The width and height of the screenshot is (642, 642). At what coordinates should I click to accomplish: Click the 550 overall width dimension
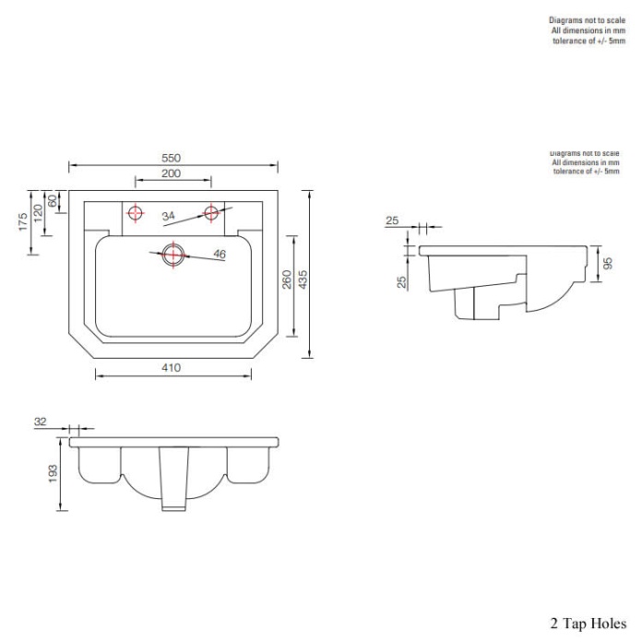172,158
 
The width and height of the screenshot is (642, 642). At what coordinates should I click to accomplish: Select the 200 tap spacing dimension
172,173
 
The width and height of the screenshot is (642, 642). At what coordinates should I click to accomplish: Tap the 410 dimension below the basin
172,367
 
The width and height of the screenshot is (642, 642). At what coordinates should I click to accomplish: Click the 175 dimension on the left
24,222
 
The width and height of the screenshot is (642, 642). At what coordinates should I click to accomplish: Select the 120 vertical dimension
39,211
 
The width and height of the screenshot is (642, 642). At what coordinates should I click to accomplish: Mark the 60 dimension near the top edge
53,200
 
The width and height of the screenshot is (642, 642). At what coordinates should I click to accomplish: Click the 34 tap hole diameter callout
168,216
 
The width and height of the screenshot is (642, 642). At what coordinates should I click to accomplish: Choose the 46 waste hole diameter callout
220,254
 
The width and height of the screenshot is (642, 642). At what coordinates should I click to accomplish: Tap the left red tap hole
137,213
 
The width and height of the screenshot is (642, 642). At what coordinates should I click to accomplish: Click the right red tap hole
210,213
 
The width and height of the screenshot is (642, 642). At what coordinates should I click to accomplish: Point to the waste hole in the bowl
172,254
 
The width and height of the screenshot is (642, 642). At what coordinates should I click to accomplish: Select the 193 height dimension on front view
53,473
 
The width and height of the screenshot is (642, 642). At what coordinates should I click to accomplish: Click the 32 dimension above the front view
40,422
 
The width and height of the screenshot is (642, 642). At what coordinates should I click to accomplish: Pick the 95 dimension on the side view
608,263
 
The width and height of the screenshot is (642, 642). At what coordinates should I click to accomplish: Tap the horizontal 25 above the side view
392,221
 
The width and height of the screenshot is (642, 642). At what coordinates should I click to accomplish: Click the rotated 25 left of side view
402,280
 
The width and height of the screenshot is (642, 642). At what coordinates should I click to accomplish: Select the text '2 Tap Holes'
588,624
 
